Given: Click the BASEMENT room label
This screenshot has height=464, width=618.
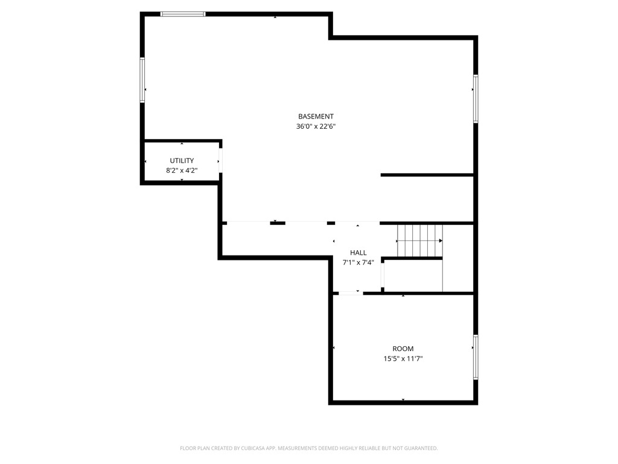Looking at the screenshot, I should (x=316, y=117).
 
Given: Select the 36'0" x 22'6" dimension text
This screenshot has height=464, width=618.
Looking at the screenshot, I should (x=316, y=127).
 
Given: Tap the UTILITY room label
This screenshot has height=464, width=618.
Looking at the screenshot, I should (x=182, y=161).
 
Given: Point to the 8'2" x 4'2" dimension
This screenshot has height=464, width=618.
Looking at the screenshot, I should (x=182, y=170).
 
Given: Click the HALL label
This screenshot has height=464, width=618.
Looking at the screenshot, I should (x=358, y=253).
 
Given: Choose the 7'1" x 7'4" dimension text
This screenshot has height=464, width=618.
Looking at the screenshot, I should (x=358, y=262).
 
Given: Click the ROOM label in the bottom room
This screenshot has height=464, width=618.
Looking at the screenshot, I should (x=403, y=349).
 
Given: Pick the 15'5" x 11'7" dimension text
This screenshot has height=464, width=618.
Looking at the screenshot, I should (x=403, y=358).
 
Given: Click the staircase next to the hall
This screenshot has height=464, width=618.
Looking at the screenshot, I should (x=419, y=240).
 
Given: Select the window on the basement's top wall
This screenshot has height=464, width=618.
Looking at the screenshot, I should (x=183, y=14).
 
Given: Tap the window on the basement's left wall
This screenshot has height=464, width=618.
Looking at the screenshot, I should (x=143, y=80).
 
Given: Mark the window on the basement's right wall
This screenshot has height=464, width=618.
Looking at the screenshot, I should (x=476, y=98).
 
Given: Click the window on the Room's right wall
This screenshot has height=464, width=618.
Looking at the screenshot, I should (x=476, y=358).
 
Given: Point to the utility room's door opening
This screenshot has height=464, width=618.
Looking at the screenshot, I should (x=220, y=161).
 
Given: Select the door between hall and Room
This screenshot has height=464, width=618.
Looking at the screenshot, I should (x=350, y=293).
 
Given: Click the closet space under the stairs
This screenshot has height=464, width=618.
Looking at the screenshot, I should (x=413, y=276).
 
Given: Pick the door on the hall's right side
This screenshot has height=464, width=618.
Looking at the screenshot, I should (x=383, y=275).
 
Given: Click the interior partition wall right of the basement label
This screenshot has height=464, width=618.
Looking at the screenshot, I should (x=427, y=175).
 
